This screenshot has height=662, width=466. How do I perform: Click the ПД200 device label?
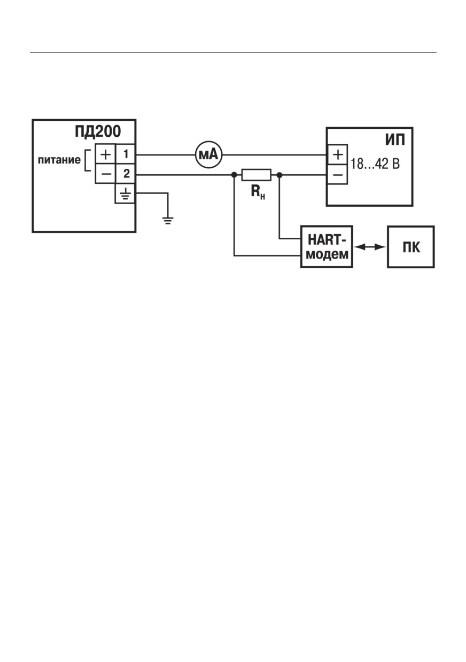point(98,131)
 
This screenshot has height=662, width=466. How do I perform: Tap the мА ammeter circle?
point(209,154)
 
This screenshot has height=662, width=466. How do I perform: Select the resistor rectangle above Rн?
point(256,175)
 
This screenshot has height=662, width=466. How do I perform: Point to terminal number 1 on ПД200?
point(126,154)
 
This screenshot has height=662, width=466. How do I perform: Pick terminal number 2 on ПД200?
point(126,174)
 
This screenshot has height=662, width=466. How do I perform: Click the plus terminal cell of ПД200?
point(105,154)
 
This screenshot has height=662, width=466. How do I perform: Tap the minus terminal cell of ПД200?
point(105,174)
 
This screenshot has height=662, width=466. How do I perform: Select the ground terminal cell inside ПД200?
point(126,193)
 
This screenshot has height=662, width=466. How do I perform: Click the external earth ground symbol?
point(168,221)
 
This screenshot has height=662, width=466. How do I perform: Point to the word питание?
point(59,160)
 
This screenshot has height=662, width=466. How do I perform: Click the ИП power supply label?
point(395,140)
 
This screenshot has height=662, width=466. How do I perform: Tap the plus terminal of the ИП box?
point(337,154)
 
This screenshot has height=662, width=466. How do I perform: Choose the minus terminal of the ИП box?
point(337,174)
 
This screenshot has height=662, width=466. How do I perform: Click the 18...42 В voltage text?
point(375,163)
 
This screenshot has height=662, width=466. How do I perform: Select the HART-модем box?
point(327,247)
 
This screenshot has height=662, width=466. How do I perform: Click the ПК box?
point(411,247)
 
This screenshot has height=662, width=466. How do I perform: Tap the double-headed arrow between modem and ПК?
point(370,247)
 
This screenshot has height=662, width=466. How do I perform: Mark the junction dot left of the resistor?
point(234,175)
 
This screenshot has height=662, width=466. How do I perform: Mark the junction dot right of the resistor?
point(279,175)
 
